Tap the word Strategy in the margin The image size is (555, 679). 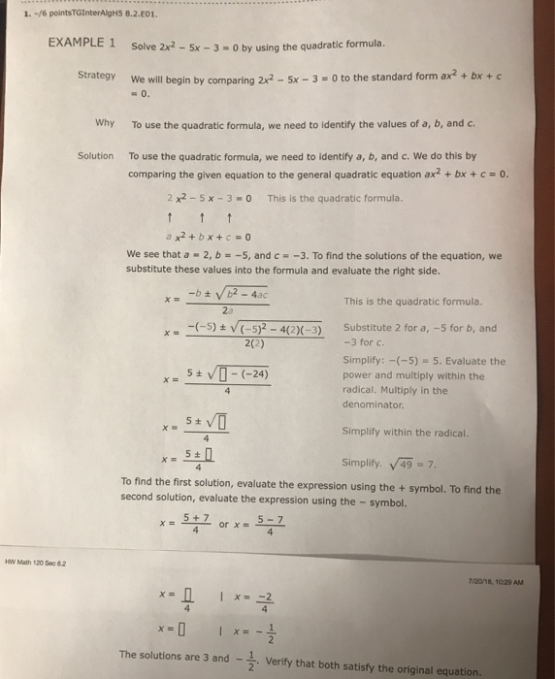(x=97, y=75)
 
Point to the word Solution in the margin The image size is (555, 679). (x=95, y=156)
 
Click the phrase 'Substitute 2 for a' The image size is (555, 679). (x=379, y=327)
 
